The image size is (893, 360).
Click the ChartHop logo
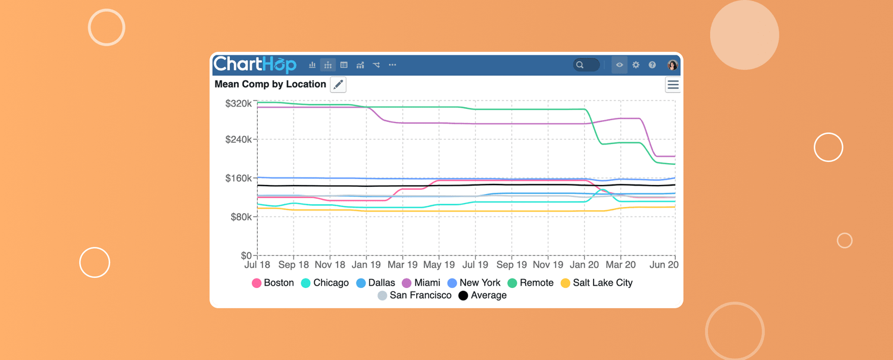[x=255, y=64]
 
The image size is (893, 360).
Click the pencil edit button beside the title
[x=338, y=84]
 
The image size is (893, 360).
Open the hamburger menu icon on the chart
[x=673, y=85]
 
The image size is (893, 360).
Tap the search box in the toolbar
[x=586, y=65]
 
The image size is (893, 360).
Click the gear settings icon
[x=636, y=65]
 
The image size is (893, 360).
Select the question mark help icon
[x=652, y=65]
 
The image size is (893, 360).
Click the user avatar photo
[x=672, y=65]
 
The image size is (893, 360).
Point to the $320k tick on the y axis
[x=238, y=104]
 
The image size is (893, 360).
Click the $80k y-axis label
[x=241, y=217]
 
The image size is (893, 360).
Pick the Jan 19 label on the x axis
[x=366, y=265]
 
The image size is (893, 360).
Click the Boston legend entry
[x=273, y=283]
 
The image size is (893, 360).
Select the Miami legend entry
[x=421, y=283]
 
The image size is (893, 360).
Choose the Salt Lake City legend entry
[x=597, y=283]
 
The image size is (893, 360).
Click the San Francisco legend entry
[x=414, y=295]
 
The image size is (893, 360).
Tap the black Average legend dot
[x=463, y=296]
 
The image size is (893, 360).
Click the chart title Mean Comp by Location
[x=270, y=84]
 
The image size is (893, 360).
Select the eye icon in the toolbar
[x=619, y=65]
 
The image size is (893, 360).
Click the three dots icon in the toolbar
[x=392, y=65]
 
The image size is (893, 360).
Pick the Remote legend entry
[x=530, y=283]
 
